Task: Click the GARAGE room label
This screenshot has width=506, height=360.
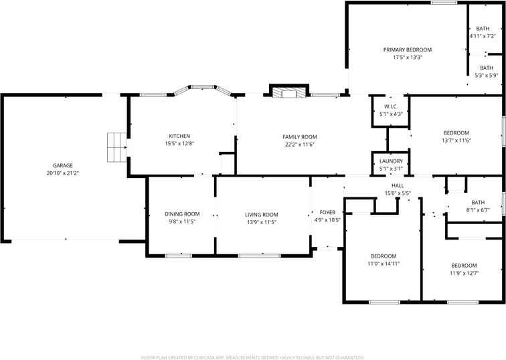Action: (63, 165)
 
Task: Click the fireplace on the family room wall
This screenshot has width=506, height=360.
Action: (288, 92)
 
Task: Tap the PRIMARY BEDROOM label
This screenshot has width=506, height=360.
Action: (407, 50)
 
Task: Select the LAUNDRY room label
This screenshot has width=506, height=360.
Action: (391, 161)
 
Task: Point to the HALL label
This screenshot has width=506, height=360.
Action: (398, 185)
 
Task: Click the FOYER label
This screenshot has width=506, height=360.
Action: (327, 212)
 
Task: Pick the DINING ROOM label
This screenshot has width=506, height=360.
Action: (182, 214)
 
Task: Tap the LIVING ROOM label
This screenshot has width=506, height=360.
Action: (261, 214)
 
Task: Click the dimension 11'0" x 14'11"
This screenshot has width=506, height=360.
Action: (384, 264)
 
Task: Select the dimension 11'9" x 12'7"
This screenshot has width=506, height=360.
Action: (463, 272)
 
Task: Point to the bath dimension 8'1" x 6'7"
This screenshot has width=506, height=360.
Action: (477, 209)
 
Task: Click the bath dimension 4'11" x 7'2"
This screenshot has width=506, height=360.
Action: (483, 36)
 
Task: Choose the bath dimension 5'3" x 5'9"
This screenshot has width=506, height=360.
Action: (486, 76)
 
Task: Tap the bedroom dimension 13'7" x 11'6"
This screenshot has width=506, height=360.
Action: (456, 141)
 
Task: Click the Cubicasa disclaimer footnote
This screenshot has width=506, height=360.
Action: (253, 357)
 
